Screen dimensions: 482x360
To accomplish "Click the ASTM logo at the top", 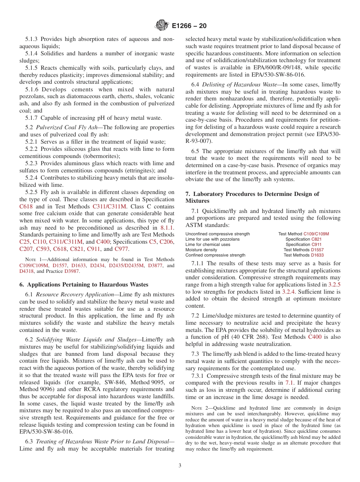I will (x=162, y=26).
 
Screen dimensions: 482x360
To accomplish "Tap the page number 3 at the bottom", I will (x=180, y=466).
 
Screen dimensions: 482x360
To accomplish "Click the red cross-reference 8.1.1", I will (x=167, y=228).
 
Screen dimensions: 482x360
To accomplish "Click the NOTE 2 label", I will (x=198, y=408).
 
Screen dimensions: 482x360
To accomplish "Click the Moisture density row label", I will (x=201, y=250).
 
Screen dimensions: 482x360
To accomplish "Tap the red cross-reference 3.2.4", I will (x=290, y=292).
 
